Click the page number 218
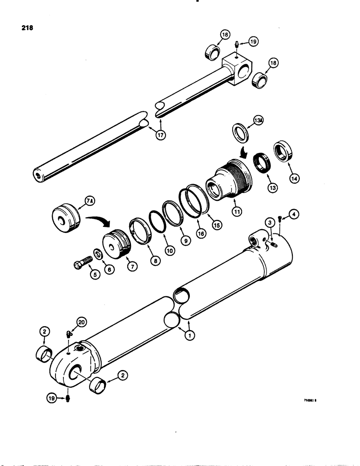(27, 27)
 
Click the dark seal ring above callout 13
(263, 163)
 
